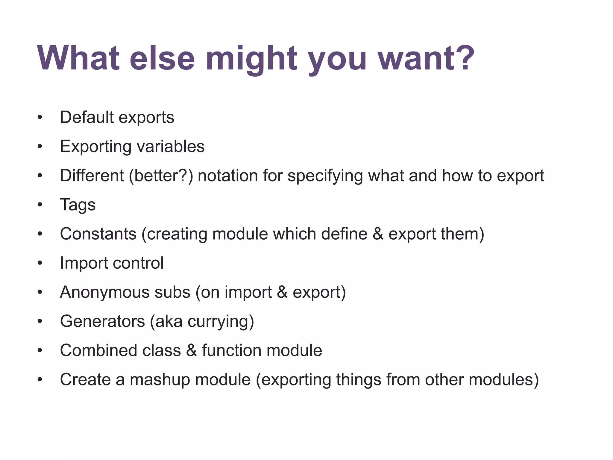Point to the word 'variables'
pos(171,146)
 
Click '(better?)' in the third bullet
pos(161,176)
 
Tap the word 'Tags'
pos(78,205)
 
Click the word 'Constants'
pos(98,234)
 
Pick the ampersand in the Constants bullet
pos(378,234)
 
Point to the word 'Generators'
pos(102,321)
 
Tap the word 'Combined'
pos(99,350)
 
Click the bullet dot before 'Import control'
pos(40,263)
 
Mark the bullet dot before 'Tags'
pos(40,205)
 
